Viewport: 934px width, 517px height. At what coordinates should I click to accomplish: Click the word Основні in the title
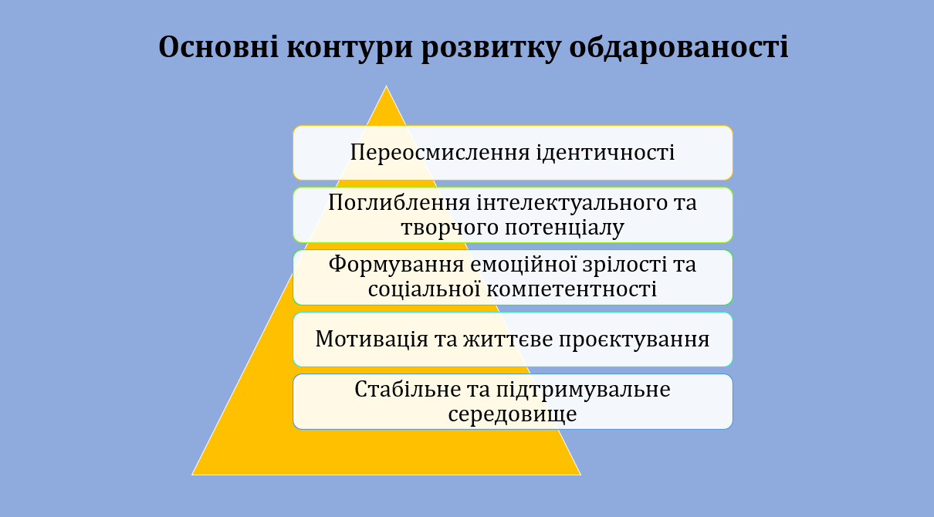(x=218, y=47)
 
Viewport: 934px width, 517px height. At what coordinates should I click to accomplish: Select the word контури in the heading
(x=350, y=48)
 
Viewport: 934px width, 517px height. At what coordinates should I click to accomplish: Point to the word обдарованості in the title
(x=679, y=47)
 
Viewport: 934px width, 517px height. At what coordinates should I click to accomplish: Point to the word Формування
(x=396, y=265)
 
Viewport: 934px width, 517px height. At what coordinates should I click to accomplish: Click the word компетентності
(x=571, y=289)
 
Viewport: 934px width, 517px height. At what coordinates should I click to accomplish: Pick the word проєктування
(x=635, y=340)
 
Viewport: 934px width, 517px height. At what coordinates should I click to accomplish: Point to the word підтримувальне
(x=583, y=390)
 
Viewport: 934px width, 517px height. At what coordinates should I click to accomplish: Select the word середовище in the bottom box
(x=513, y=414)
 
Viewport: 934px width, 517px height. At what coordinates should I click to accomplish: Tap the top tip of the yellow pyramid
(x=386, y=86)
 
